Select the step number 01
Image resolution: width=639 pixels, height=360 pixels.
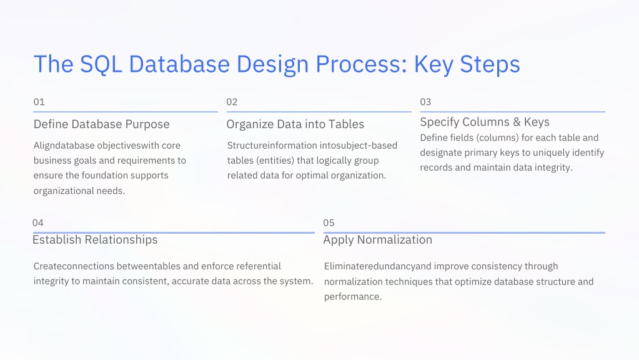[x=39, y=102]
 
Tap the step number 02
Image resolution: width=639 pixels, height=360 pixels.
[x=232, y=102]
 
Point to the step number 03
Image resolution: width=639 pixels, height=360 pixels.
[x=425, y=102]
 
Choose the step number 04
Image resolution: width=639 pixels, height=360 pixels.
[x=38, y=222]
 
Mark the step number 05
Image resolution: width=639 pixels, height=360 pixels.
[x=329, y=222]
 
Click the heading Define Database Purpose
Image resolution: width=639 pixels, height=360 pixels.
[x=101, y=124]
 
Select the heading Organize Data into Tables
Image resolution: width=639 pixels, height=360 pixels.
[x=295, y=124]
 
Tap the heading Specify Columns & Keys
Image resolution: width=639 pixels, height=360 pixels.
[x=485, y=122]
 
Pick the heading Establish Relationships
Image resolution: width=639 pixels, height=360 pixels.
[x=95, y=240]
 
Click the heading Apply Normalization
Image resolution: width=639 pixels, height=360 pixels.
[x=377, y=240]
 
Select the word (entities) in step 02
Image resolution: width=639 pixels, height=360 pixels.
[x=275, y=161]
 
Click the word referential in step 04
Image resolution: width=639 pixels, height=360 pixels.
[x=258, y=266]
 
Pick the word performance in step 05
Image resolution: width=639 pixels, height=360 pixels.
[x=352, y=296]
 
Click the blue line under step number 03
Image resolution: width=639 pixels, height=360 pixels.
[x=512, y=112]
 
